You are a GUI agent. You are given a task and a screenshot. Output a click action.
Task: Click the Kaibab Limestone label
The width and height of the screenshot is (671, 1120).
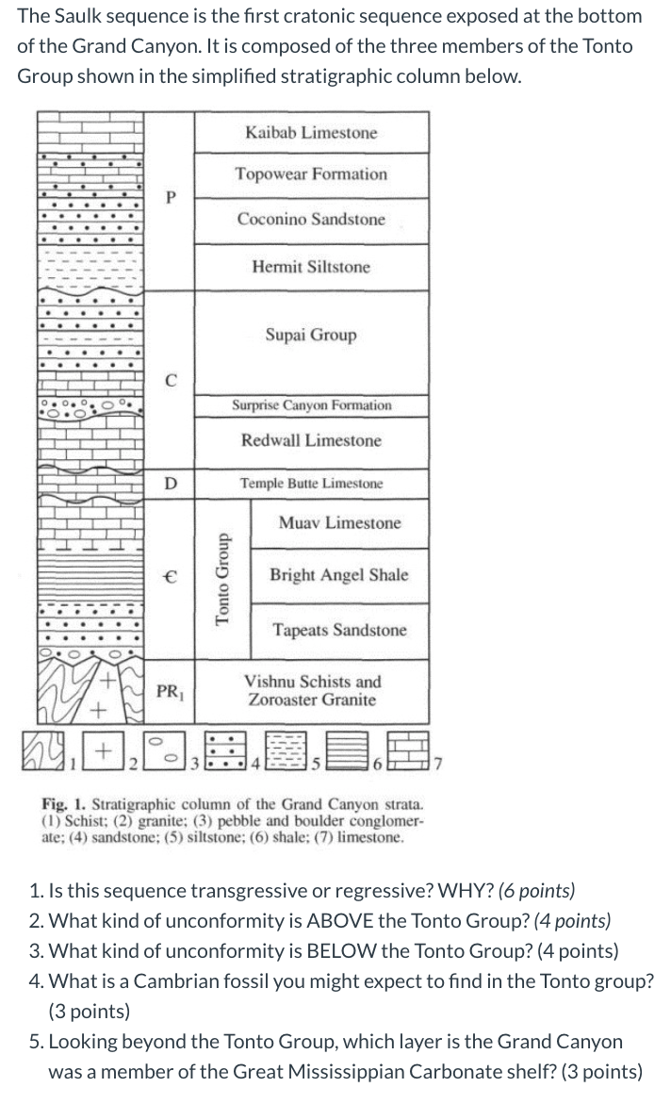[311, 133]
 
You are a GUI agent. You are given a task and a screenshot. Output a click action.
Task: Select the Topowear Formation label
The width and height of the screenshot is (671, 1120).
[311, 174]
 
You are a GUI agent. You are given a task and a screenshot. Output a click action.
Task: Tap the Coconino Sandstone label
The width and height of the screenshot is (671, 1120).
[311, 220]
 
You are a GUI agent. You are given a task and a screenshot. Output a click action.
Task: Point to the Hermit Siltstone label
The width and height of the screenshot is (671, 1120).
[311, 267]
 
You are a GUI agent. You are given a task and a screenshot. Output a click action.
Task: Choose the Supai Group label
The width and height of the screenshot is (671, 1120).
[311, 335]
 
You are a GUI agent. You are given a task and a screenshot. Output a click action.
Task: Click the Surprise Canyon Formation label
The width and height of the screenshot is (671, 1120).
[312, 405]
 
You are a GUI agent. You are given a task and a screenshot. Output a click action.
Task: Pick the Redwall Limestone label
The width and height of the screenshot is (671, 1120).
[311, 440]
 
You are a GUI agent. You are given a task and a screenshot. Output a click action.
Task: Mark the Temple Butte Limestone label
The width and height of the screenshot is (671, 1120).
[311, 484]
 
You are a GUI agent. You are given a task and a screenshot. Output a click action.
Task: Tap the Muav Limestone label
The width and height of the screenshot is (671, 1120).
[339, 523]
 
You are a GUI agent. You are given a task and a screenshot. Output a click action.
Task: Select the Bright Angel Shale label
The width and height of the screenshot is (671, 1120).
[339, 575]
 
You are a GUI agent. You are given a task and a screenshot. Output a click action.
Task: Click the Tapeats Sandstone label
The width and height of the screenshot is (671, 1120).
[339, 630]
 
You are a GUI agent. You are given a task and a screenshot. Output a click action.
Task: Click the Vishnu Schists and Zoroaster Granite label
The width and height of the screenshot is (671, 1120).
[312, 690]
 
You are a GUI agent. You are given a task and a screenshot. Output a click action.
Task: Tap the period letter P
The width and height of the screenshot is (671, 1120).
[170, 198]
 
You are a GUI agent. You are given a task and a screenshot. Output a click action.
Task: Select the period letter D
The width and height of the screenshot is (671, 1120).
[170, 484]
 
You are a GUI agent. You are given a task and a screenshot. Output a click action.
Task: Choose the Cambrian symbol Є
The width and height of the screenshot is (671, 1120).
[170, 575]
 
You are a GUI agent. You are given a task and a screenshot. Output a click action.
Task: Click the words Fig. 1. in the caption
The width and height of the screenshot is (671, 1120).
[64, 805]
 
